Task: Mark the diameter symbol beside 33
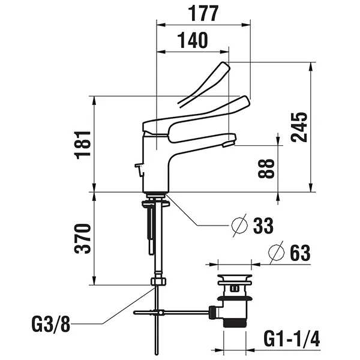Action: tap(239, 226)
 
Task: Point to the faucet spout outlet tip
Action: tap(228, 143)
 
